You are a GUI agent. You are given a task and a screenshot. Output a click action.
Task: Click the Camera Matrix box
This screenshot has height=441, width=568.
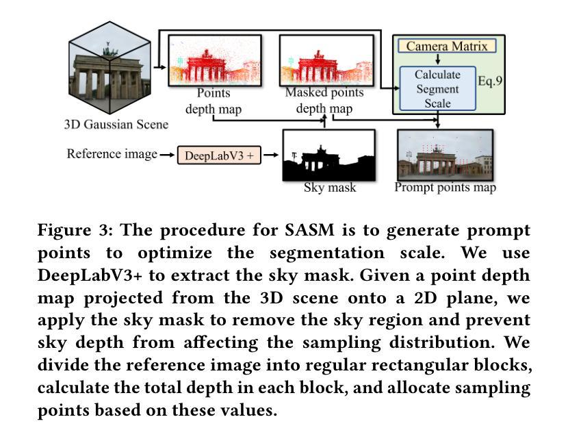click(x=447, y=46)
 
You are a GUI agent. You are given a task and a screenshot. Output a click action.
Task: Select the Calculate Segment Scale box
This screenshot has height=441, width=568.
click(x=437, y=88)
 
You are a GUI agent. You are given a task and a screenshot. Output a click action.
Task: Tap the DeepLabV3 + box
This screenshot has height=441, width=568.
click(x=219, y=155)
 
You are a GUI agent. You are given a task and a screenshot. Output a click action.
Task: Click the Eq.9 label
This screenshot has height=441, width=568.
click(x=490, y=80)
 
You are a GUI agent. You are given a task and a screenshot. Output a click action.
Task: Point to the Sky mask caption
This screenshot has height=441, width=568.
click(x=330, y=188)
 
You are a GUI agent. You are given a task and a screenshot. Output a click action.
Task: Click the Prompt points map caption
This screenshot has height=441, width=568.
click(x=446, y=187)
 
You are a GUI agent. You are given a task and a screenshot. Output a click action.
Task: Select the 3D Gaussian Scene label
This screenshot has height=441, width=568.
click(x=116, y=125)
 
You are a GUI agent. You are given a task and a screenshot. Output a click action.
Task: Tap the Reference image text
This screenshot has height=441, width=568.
click(x=112, y=153)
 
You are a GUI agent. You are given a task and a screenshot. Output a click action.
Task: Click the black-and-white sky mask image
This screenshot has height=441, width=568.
click(x=329, y=155)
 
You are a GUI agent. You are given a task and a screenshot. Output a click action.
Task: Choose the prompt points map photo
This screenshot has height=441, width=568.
click(x=446, y=154)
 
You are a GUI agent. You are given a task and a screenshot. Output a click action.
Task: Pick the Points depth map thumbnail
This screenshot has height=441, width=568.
click(x=215, y=60)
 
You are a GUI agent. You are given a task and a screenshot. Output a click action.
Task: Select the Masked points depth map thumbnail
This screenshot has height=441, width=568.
click(x=326, y=60)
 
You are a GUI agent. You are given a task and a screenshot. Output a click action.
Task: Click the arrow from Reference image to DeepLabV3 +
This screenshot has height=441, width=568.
click(x=167, y=155)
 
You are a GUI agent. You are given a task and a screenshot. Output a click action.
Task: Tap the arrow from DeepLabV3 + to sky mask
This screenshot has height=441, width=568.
click(x=271, y=155)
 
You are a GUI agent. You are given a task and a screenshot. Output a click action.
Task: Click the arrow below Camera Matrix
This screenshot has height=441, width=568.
click(x=437, y=60)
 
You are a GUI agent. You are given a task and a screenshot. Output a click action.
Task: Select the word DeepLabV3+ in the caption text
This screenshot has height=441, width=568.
click(x=90, y=275)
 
